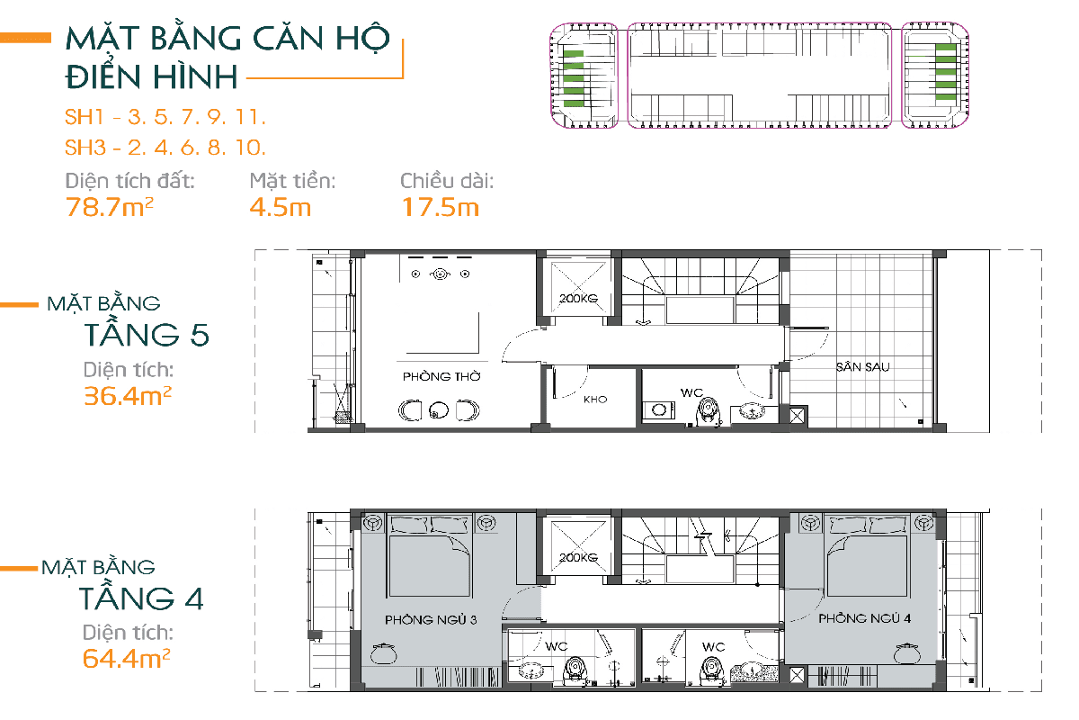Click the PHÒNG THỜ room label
pos(441,376)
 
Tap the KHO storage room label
pos(595,400)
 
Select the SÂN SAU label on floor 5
pos(862,367)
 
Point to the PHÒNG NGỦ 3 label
pos(431,620)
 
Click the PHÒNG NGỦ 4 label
pos(865,618)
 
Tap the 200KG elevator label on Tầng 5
pos(578,299)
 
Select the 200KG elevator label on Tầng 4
pos(578,557)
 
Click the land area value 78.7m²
pos(110,207)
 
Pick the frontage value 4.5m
pos(281,207)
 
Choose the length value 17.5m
pos(441,207)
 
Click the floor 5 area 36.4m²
pos(128,396)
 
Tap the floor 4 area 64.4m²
pos(126,658)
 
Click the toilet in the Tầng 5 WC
pos(709,411)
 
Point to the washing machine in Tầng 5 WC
pos(659,409)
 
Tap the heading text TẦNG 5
pos(147,335)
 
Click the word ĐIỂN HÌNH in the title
pos(151,76)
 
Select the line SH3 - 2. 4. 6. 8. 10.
pos(165,148)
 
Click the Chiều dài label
pos(447,181)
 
